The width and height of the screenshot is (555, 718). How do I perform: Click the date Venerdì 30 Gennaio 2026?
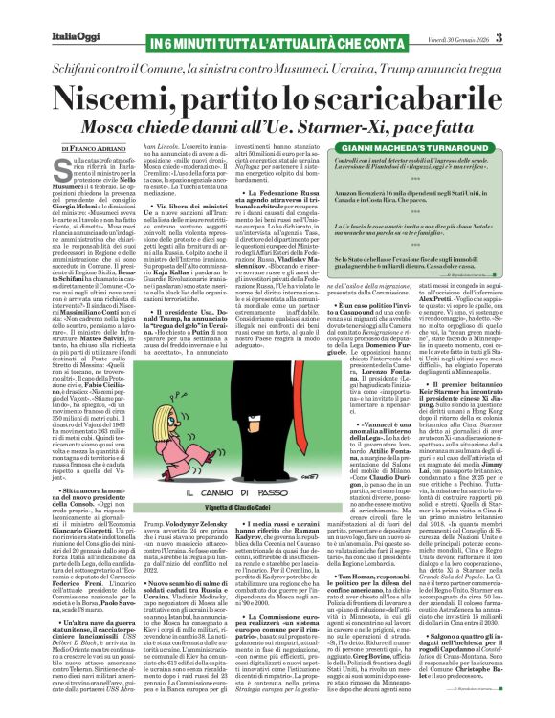[483, 11]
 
